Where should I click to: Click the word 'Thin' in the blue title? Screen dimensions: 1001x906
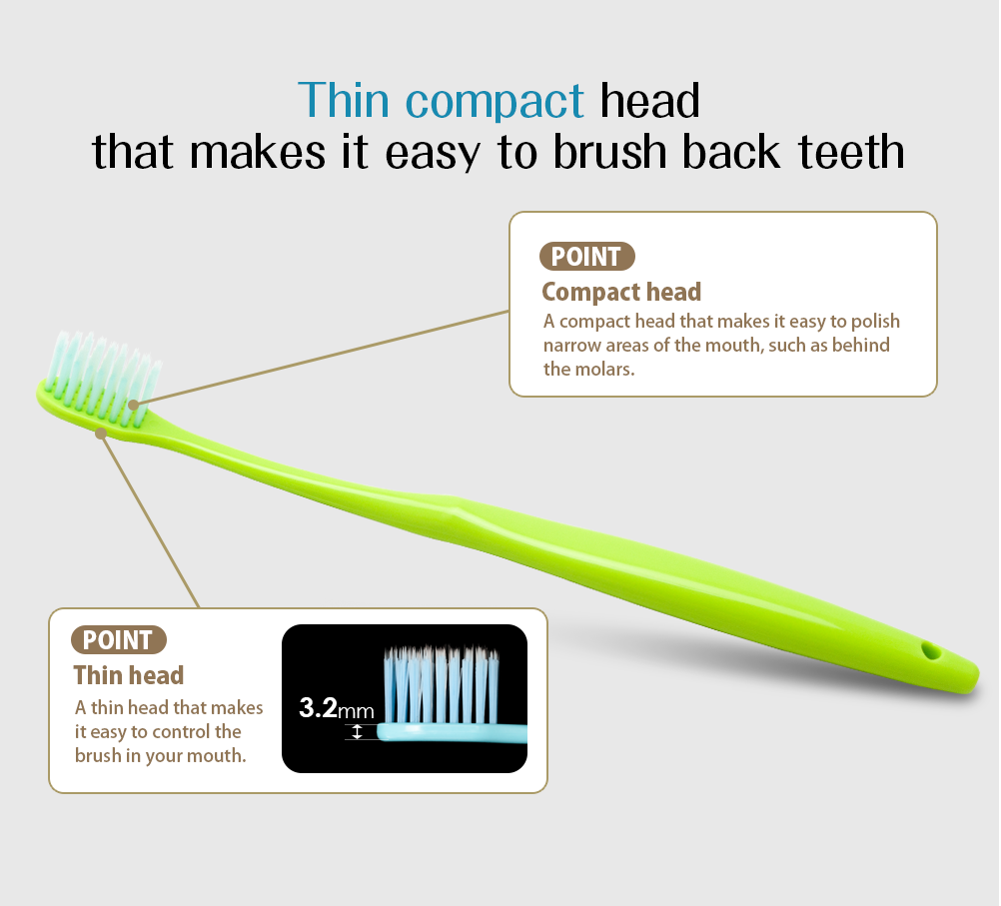(x=344, y=100)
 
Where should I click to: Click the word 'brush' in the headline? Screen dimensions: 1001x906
(x=609, y=151)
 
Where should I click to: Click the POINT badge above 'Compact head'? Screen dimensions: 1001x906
(x=586, y=256)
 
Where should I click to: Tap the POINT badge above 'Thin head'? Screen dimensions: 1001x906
(x=118, y=639)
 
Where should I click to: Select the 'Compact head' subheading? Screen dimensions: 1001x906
(x=621, y=292)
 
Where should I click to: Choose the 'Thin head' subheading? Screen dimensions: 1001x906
(x=129, y=675)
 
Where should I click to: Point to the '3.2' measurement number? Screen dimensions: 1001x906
(x=318, y=707)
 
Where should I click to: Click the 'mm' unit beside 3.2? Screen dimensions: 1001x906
(x=356, y=710)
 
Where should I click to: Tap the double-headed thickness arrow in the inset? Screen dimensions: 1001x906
(x=357, y=732)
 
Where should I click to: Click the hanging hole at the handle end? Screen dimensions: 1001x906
(x=931, y=651)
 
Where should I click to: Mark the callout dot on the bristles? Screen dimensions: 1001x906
(x=134, y=405)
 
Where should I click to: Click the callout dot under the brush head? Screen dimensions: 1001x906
(x=101, y=434)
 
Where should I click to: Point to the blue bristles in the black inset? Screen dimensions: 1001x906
(x=442, y=685)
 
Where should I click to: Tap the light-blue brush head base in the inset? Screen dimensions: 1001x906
(x=452, y=732)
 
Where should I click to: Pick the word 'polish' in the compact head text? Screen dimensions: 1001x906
(x=875, y=322)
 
